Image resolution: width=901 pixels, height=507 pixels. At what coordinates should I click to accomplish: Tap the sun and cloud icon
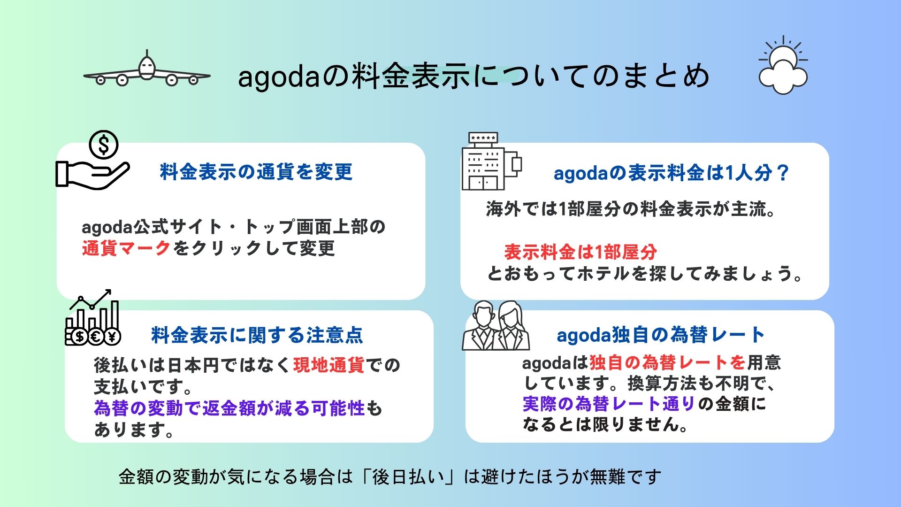(x=783, y=66)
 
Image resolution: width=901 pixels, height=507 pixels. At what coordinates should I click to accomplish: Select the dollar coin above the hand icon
(x=104, y=145)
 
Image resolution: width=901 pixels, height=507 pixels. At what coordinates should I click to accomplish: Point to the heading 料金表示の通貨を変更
(x=256, y=172)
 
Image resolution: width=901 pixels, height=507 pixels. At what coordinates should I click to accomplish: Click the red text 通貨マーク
(x=126, y=248)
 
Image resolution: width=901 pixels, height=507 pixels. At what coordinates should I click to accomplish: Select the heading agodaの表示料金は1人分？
(x=672, y=173)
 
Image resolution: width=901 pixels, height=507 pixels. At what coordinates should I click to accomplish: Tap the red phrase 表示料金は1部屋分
(x=580, y=252)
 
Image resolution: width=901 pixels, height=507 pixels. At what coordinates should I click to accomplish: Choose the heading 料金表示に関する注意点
(x=257, y=335)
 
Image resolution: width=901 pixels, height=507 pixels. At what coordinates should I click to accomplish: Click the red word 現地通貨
(x=328, y=365)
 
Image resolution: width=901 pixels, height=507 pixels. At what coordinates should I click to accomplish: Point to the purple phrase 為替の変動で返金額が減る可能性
(x=229, y=408)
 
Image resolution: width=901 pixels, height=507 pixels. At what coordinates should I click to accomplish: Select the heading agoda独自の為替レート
(x=661, y=335)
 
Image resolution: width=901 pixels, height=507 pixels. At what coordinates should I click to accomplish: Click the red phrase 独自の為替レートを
(x=667, y=362)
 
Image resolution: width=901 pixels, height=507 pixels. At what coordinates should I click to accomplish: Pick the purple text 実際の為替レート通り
(x=609, y=404)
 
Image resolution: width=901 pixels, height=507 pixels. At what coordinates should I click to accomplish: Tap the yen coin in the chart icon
(x=113, y=336)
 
